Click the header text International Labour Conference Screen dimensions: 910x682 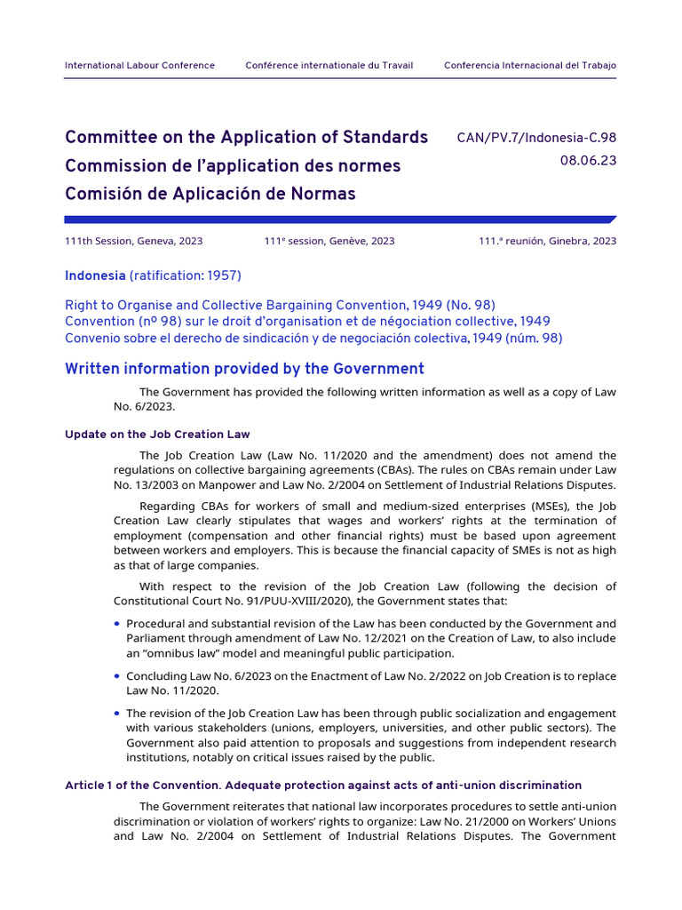point(139,66)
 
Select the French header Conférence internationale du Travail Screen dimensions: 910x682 point(329,66)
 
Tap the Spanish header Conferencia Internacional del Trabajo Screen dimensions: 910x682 point(529,66)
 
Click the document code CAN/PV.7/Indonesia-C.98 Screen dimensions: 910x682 point(535,138)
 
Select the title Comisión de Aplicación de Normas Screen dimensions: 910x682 point(210,194)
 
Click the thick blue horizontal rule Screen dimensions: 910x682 point(337,220)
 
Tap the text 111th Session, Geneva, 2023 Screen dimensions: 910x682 point(133,241)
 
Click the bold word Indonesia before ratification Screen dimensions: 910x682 point(95,275)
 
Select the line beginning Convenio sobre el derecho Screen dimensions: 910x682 point(313,338)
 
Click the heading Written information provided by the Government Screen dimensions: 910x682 point(244,369)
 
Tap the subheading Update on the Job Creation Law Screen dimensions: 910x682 point(157,435)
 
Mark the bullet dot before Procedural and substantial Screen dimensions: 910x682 point(117,624)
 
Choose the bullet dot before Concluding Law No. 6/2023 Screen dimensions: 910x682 point(117,676)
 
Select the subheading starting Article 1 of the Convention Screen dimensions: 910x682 point(323,786)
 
